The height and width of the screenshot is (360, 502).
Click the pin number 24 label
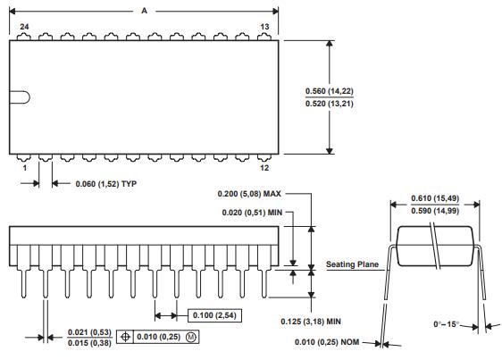click(x=24, y=28)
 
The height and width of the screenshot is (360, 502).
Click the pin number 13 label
click(x=264, y=28)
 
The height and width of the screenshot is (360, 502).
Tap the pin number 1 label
click(x=24, y=169)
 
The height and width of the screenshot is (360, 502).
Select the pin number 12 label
click(x=265, y=169)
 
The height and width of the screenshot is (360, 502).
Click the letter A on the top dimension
click(x=145, y=10)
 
